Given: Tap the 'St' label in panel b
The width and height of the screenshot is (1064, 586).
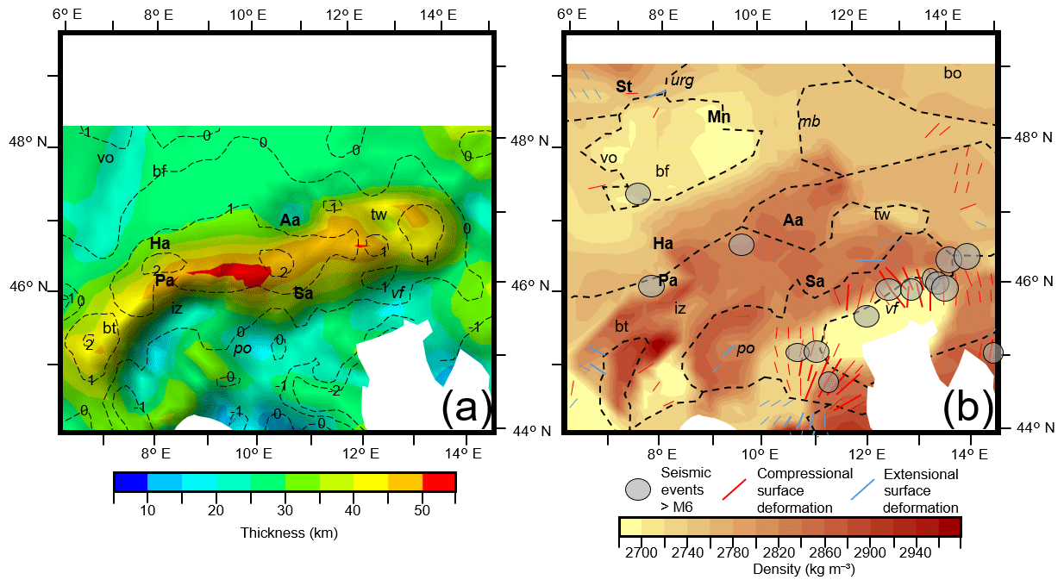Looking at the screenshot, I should click(x=623, y=86).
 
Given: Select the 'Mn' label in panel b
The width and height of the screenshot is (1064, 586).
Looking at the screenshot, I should click(x=718, y=116).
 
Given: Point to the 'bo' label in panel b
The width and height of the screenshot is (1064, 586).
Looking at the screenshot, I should click(x=952, y=74).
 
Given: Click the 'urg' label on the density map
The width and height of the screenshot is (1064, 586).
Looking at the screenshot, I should click(x=682, y=80).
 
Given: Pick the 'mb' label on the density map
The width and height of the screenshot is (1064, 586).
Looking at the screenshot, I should click(x=811, y=122).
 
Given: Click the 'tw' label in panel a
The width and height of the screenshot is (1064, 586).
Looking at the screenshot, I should click(x=379, y=214).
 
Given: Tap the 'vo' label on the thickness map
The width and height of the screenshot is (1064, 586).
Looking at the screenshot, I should click(x=105, y=158).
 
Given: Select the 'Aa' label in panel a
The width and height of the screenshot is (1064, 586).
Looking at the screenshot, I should click(x=290, y=221).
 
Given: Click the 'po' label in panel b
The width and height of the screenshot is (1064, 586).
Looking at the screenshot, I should click(x=745, y=348).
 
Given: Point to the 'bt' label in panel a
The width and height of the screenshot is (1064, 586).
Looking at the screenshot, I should click(x=110, y=328).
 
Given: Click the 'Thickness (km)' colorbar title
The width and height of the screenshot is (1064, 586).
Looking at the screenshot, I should click(x=288, y=533).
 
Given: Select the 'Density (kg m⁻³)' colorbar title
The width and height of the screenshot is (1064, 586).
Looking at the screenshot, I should click(x=789, y=569).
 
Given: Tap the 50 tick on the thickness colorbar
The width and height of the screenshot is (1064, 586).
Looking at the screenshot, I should click(x=422, y=511).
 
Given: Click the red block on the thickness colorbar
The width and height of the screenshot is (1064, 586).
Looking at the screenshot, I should click(x=439, y=482).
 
